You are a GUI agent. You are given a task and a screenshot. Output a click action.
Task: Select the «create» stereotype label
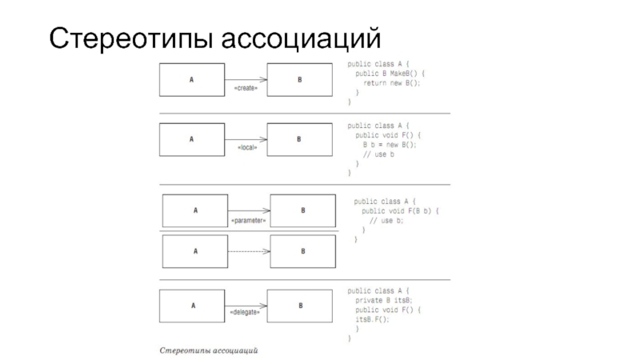tap(245, 89)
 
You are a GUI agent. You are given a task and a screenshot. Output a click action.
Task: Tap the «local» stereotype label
tap(247, 149)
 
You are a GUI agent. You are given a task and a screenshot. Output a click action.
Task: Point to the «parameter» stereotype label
tap(248, 219)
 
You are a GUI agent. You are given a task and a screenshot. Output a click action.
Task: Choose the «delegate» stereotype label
tap(245, 312)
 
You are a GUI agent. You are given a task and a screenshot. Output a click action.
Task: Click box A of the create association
tap(191, 79)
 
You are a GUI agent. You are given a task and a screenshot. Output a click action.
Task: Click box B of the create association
tap(299, 79)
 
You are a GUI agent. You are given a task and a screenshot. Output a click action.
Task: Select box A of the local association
tap(191, 139)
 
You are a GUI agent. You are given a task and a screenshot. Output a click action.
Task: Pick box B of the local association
tap(299, 139)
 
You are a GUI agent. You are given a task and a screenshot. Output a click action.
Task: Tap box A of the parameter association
tap(195, 210)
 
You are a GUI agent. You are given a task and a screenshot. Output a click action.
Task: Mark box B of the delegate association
tap(300, 305)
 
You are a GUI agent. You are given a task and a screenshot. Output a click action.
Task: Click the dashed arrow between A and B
tap(249, 251)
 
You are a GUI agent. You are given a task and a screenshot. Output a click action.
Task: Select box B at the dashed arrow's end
tap(302, 251)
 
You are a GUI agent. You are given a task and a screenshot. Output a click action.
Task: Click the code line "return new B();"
tap(391, 82)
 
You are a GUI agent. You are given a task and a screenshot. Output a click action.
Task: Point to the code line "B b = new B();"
tap(390, 145)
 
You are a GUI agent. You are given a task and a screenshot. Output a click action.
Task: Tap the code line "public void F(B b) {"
tap(401, 210)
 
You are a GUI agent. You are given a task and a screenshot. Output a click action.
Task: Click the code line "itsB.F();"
tap(373, 319)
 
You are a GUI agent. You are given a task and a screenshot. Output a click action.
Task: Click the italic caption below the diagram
tap(210, 350)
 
